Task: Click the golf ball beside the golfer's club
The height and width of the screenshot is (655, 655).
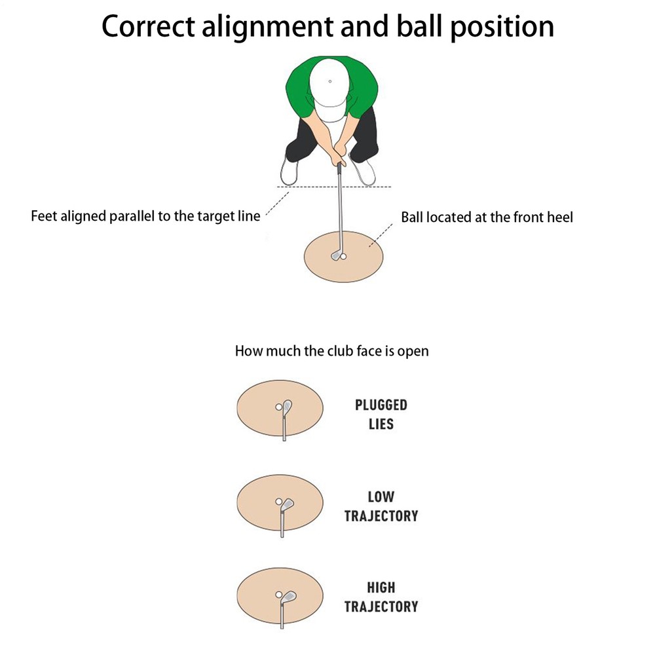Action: [x=343, y=257]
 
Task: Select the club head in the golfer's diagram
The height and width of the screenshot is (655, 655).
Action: [x=335, y=255]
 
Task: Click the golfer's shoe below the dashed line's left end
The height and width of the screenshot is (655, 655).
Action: [x=289, y=170]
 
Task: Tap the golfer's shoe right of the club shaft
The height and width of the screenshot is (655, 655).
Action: [x=363, y=170]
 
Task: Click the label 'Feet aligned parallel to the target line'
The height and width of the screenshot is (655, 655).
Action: [x=145, y=216]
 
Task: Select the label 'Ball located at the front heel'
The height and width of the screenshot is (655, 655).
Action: [x=487, y=217]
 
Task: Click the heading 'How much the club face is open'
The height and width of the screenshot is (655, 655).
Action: [x=332, y=351]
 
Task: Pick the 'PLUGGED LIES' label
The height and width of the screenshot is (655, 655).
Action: [x=381, y=415]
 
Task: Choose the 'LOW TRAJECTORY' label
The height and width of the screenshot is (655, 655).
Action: [x=381, y=506]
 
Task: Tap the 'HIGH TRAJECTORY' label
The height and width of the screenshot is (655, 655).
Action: [x=381, y=597]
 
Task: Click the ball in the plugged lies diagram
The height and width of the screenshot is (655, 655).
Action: [x=278, y=407]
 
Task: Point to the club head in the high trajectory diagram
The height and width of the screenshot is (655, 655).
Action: [x=288, y=597]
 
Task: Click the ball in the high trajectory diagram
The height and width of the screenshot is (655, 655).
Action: [x=278, y=595]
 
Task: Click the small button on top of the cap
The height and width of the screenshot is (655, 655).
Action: [x=330, y=81]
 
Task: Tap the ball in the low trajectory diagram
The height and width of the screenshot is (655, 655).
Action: [x=278, y=501]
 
